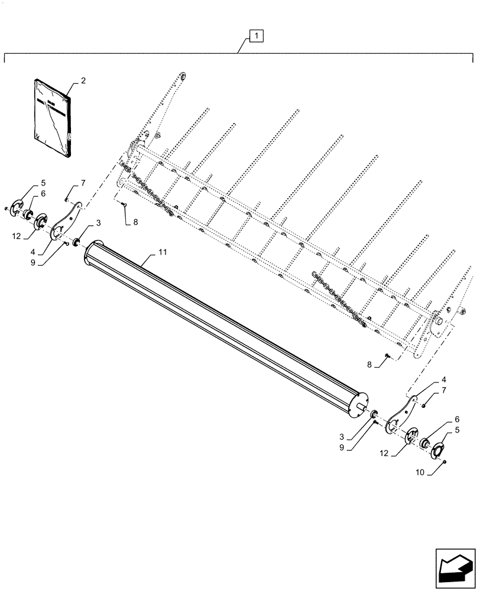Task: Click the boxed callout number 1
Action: [x=256, y=37]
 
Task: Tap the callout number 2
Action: [x=83, y=80]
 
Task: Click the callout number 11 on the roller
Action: [x=163, y=252]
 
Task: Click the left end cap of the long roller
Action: [x=90, y=255]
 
